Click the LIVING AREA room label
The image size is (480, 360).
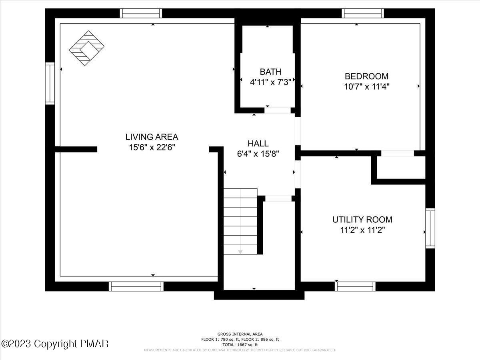[152, 137]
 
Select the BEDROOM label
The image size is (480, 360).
[366, 76]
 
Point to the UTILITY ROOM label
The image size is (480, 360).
[362, 220]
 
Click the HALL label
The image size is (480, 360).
[258, 144]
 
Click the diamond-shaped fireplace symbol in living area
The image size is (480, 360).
[87, 48]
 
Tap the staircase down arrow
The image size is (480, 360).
[240, 252]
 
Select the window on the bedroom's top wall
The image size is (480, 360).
[363, 13]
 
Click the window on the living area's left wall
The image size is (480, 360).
[50, 83]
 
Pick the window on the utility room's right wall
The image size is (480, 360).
[430, 228]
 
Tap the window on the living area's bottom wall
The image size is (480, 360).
[136, 286]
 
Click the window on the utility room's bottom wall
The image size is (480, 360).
[355, 286]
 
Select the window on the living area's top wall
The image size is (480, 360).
[141, 13]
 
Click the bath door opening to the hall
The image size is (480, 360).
[278, 110]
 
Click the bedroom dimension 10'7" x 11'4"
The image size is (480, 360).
[366, 86]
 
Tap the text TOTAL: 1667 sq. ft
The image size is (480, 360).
[240, 344]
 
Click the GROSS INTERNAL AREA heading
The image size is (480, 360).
[240, 334]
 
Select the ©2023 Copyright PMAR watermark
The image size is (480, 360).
[55, 344]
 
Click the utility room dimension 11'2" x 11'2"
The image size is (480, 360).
[362, 230]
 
